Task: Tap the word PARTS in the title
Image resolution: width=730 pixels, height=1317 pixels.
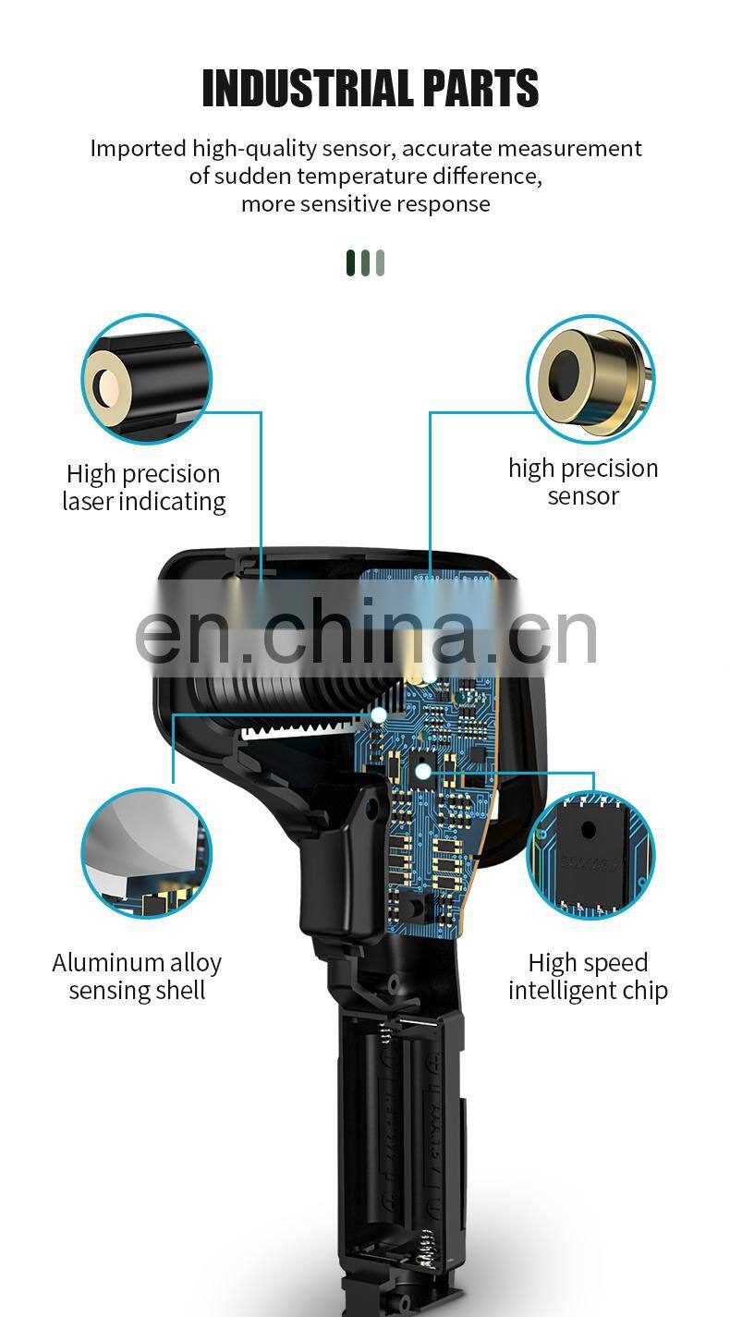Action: tap(481, 88)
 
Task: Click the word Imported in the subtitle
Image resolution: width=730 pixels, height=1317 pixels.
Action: tap(138, 150)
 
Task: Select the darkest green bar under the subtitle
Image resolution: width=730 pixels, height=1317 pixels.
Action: tap(351, 262)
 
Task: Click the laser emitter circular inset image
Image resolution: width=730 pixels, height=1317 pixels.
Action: tap(147, 379)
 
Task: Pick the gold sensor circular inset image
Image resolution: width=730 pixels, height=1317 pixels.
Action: tap(590, 379)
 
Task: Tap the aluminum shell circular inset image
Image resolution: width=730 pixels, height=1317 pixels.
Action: tap(147, 852)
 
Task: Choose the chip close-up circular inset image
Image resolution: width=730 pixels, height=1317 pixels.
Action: tap(590, 856)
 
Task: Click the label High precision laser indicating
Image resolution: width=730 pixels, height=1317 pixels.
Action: tap(143, 488)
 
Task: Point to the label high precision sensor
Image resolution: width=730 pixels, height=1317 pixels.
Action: tap(583, 482)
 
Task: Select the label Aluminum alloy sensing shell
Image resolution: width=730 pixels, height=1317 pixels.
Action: tap(137, 977)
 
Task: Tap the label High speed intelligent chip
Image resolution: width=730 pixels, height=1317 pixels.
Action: tap(588, 977)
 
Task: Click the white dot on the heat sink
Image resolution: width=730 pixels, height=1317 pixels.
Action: tap(379, 715)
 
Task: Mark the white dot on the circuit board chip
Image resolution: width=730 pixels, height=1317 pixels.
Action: tap(423, 772)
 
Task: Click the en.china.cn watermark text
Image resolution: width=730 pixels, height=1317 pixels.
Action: tap(366, 632)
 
